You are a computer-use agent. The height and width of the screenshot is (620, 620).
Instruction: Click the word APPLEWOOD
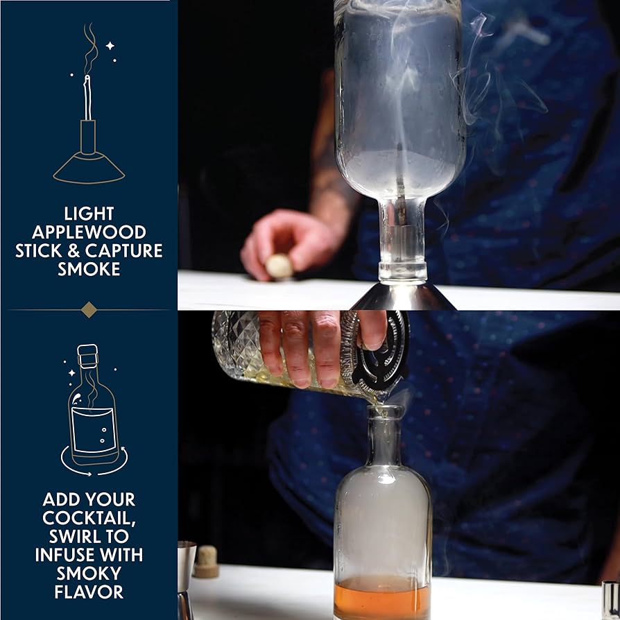click(x=88, y=232)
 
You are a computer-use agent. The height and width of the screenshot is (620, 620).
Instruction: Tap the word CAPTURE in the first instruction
click(x=128, y=250)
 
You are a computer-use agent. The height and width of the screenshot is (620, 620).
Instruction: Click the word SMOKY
click(x=88, y=574)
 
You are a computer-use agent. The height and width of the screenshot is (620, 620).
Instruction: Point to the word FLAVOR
click(x=88, y=592)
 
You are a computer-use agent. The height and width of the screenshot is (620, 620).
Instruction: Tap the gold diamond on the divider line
click(x=89, y=309)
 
